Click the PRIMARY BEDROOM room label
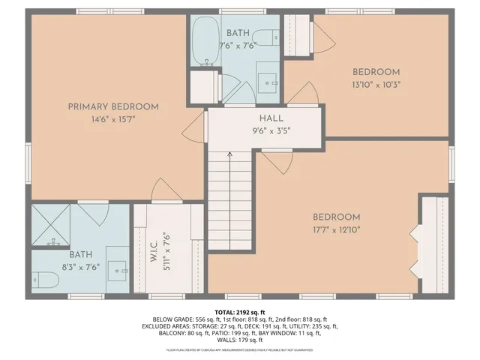point(113,106)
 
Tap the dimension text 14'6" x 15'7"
point(113,118)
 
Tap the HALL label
point(271,118)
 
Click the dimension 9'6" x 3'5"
point(271,130)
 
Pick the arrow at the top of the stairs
point(229,155)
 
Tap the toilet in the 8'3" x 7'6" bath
point(46,280)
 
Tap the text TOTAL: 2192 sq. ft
point(240,312)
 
